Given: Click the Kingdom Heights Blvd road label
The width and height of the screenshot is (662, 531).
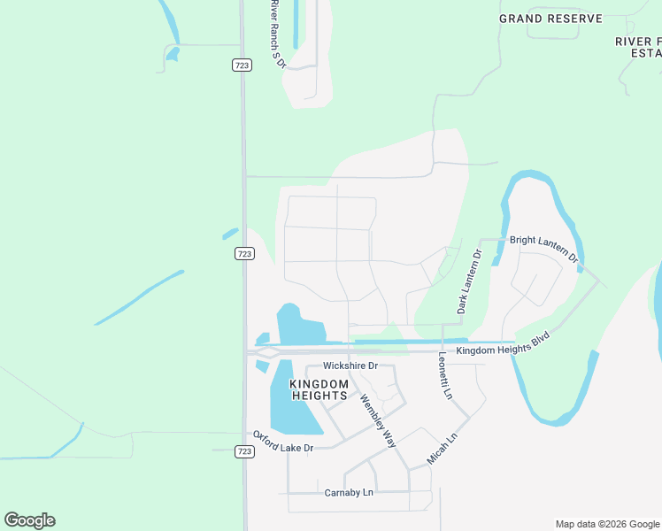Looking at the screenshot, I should pos(504,345).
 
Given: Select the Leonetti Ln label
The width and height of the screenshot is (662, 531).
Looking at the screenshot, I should pos(445,376).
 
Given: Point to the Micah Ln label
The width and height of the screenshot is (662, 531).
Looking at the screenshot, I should pos(442,450).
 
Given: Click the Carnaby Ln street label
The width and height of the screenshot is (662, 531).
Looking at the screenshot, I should pos(349,492).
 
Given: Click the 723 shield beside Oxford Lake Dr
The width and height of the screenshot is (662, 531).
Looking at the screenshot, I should pos(244,451).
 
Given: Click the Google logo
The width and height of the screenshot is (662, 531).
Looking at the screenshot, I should pos(30,520).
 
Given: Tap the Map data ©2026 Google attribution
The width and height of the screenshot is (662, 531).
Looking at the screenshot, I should pos(607,524).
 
